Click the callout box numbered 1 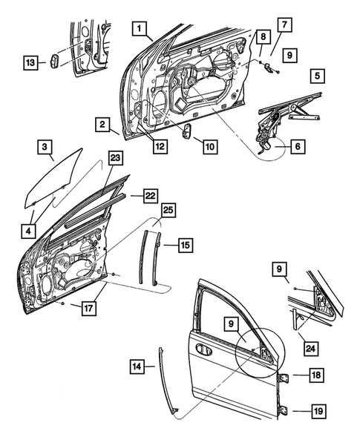pos(138,29)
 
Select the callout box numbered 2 pos(102,124)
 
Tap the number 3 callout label pos(45,146)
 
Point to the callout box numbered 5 pos(317,76)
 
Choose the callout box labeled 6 pos(296,148)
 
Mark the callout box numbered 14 pos(137,365)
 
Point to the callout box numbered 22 pos(150,195)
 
